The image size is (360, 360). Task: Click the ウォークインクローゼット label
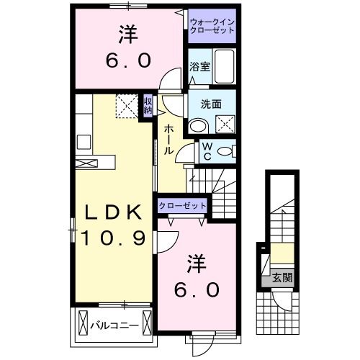click(210, 26)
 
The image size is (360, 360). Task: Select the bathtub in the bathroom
click(225, 68)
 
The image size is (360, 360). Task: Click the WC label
click(205, 151)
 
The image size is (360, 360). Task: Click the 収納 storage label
click(148, 107)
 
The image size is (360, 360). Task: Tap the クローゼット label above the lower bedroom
click(182, 206)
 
